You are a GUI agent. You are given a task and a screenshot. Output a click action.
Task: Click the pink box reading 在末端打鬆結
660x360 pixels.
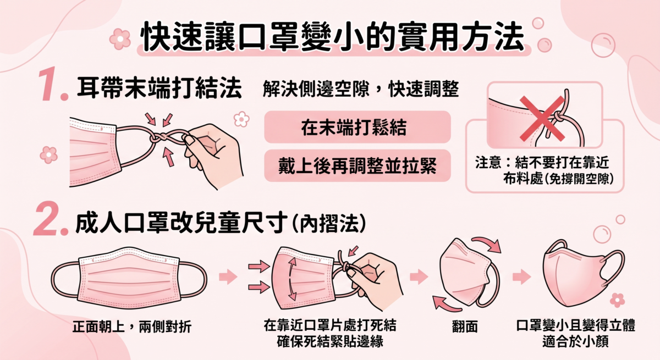point(358,127)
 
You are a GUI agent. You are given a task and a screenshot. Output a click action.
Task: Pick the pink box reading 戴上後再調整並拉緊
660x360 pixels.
point(358,165)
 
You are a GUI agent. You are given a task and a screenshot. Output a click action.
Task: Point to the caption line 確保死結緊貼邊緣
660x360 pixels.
point(329,341)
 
